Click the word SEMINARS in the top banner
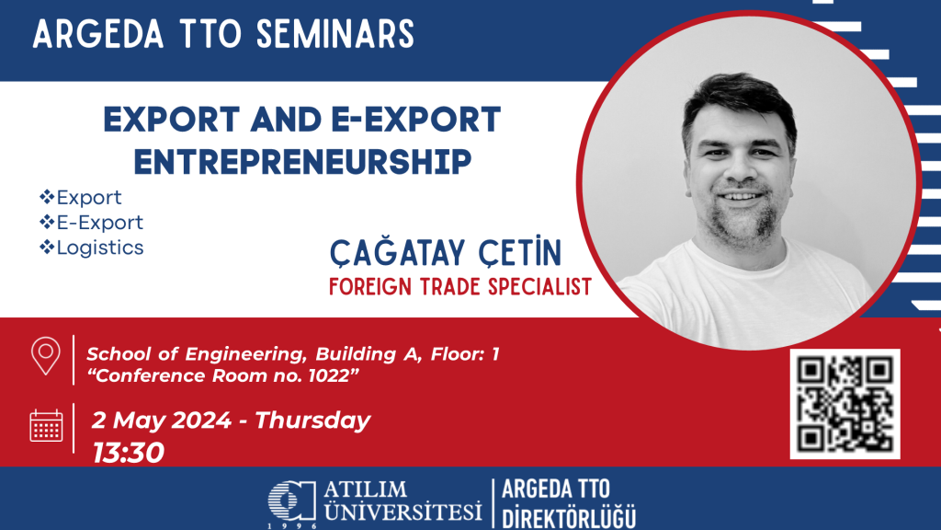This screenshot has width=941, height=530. pos(335,34)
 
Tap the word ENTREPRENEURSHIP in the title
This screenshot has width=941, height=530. pos(302,162)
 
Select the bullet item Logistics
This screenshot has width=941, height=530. pos(99,248)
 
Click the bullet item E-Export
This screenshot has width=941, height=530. pos(99,223)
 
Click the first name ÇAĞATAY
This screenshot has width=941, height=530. pos(397,252)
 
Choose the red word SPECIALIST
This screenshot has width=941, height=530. pos(539,287)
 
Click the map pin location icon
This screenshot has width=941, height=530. pos(46,356)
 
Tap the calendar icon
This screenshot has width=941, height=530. pos(46,425)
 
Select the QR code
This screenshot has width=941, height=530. pos(845,404)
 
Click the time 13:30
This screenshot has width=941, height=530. pos(128,453)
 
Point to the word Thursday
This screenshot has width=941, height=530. pos(312,420)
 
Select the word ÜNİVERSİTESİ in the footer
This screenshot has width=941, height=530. pos(402,512)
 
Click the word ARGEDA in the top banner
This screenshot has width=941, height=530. pos(98,34)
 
